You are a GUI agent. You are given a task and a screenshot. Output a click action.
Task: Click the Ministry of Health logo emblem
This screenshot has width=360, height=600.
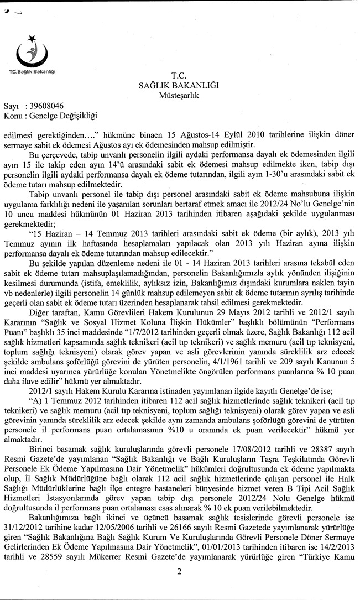click(32, 53)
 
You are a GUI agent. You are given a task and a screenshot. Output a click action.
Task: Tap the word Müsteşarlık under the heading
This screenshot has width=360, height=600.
click(179, 95)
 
